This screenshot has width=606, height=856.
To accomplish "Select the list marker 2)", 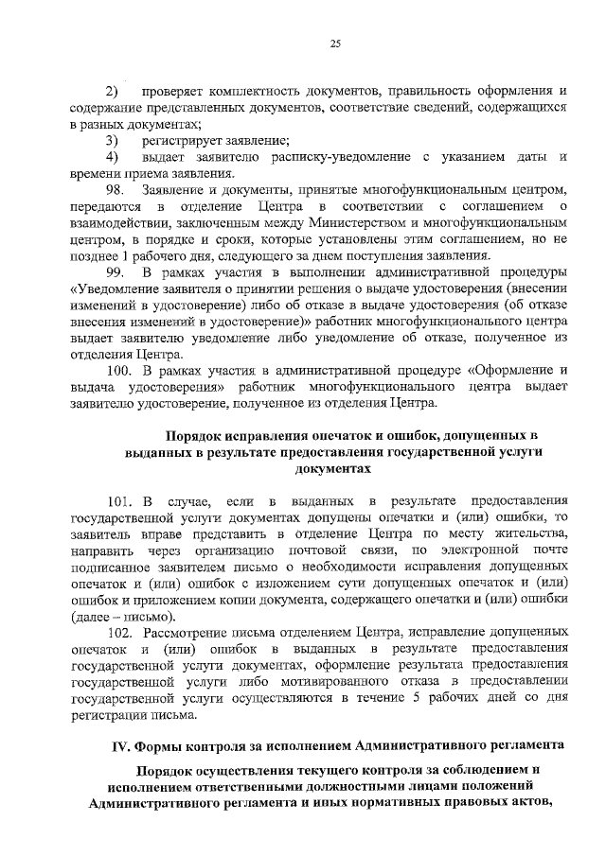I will tap(112, 93).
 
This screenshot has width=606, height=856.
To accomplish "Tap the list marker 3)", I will tap(112, 140).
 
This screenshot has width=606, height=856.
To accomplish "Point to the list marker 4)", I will tap(112, 156).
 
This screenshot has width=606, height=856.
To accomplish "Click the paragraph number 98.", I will tap(116, 189).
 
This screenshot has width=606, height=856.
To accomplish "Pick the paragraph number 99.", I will tap(116, 271).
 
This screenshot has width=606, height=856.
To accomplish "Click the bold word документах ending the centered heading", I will tap(329, 469).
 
